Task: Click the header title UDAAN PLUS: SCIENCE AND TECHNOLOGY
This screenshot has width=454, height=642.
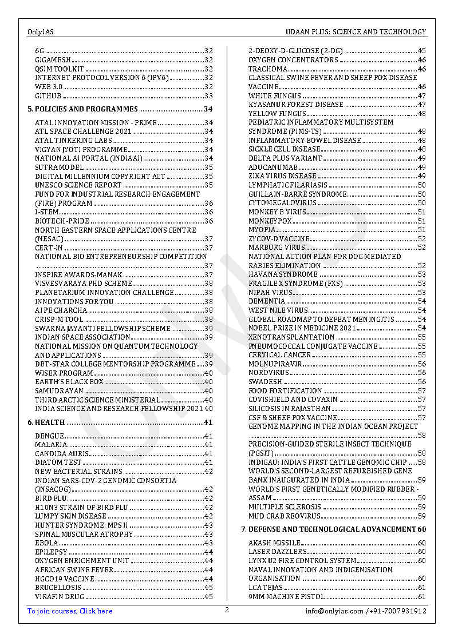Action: click(x=356, y=32)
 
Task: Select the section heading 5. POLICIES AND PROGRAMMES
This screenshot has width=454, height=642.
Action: click(x=83, y=109)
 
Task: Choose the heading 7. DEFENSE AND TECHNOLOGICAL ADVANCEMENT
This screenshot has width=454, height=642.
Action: click(x=329, y=529)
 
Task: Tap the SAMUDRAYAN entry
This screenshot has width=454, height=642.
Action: click(x=59, y=390)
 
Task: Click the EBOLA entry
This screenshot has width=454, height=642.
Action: click(x=46, y=543)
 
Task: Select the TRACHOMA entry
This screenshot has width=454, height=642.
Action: click(x=268, y=69)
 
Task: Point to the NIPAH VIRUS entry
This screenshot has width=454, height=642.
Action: click(x=270, y=293)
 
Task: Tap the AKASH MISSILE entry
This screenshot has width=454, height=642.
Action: click(x=274, y=543)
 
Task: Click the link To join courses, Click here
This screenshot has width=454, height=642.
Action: click(x=70, y=611)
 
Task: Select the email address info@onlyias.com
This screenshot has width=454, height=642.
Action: click(x=334, y=611)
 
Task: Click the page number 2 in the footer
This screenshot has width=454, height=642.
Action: click(x=227, y=610)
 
